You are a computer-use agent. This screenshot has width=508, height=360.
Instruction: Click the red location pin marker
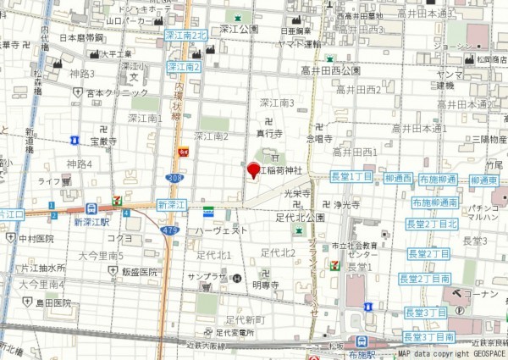[253, 169]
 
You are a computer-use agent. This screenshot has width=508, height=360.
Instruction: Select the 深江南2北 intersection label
[186, 36]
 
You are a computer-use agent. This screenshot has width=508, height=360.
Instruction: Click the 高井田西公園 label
[330, 71]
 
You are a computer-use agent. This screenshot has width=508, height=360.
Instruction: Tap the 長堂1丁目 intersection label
[350, 175]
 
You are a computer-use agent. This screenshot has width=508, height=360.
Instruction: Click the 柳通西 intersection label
[398, 179]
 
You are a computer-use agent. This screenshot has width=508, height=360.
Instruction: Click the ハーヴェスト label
[222, 230]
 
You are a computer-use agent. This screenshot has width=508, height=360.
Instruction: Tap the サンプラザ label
[207, 277]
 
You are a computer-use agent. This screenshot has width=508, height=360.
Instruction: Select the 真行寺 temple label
[268, 133]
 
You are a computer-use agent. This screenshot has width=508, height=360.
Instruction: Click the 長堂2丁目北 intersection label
[432, 224]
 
